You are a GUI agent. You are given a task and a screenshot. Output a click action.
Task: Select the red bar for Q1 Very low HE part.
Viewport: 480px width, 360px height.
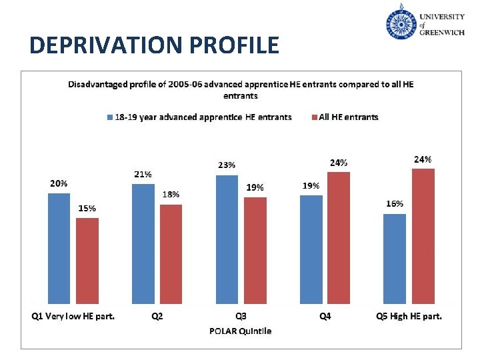(x=87, y=261)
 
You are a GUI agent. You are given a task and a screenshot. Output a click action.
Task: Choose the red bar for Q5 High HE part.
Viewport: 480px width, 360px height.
(x=423, y=237)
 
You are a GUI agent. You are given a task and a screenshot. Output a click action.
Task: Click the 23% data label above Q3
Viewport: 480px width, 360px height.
(x=226, y=165)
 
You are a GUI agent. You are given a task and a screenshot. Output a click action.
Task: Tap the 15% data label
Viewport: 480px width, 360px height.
(x=87, y=208)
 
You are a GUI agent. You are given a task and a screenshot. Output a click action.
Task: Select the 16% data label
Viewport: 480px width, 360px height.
(x=395, y=203)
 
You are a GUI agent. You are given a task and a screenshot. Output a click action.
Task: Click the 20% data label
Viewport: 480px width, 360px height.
(x=58, y=183)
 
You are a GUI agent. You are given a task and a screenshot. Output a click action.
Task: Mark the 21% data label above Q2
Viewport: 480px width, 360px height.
(x=143, y=174)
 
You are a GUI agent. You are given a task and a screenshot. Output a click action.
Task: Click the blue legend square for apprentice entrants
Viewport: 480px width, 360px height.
(x=110, y=117)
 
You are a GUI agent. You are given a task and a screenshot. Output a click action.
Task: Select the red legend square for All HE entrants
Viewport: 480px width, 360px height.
(x=315, y=117)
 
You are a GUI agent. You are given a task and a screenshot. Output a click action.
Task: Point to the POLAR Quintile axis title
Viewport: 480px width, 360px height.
(x=240, y=331)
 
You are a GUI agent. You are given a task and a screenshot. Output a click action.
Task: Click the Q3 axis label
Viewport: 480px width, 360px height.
(x=240, y=317)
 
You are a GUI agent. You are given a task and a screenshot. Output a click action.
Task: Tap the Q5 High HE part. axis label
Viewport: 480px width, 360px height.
(x=409, y=317)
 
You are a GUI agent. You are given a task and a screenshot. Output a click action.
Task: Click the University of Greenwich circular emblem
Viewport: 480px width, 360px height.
(x=401, y=22)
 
